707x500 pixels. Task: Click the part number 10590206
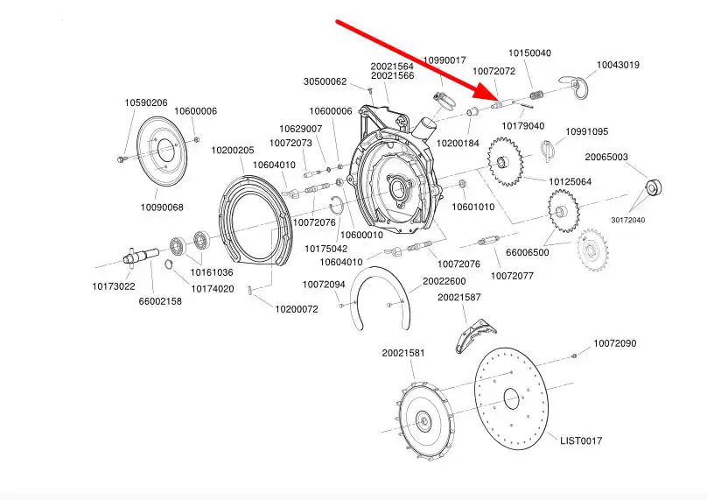(x=146, y=102)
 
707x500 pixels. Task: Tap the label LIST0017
(x=581, y=440)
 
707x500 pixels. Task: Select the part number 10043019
(x=618, y=65)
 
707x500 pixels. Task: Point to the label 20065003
(x=606, y=157)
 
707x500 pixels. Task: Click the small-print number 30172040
(x=628, y=220)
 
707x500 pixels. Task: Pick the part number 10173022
(x=114, y=286)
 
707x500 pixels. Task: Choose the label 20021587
(x=459, y=298)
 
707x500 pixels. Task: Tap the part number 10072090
(x=614, y=343)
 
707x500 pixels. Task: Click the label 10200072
(x=297, y=310)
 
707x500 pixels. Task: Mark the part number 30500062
(x=325, y=81)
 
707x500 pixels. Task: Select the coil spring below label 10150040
(x=535, y=96)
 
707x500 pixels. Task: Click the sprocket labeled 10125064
(x=505, y=161)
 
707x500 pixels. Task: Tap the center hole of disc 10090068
(x=165, y=150)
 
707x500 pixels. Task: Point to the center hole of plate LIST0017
(x=511, y=398)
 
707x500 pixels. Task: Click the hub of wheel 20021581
(x=423, y=419)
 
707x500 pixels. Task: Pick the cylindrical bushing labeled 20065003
(x=654, y=187)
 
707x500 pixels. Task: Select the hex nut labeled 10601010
(x=462, y=184)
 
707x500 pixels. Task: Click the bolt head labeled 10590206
(x=121, y=159)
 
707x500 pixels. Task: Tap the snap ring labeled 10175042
(x=336, y=208)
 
